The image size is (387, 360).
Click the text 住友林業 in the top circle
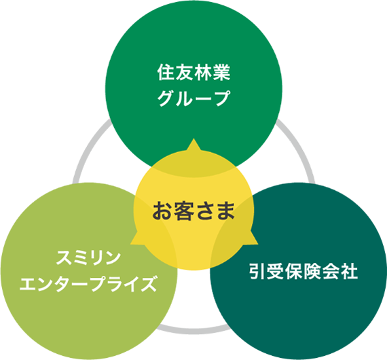tap(193, 73)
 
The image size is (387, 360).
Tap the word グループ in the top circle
tap(193, 98)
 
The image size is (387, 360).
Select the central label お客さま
tap(193, 211)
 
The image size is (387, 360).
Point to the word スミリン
tap(89, 258)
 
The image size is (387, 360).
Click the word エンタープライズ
tap(89, 284)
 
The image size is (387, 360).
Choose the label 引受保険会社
tap(303, 271)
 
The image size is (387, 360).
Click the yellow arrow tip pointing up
tap(193, 139)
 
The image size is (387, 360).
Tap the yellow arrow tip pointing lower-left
tap(131, 244)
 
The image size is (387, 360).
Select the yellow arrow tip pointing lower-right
tap(257, 244)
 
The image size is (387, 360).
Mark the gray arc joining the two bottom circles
tap(193, 331)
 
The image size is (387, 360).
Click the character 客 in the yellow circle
tap(183, 211)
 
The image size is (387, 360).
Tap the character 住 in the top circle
tap(166, 73)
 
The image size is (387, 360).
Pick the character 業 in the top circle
tap(221, 73)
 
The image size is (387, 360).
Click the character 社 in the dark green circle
tap(349, 271)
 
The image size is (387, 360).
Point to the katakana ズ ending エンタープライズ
tap(149, 284)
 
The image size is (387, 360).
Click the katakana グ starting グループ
tap(166, 98)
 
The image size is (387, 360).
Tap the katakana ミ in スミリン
tap(80, 258)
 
